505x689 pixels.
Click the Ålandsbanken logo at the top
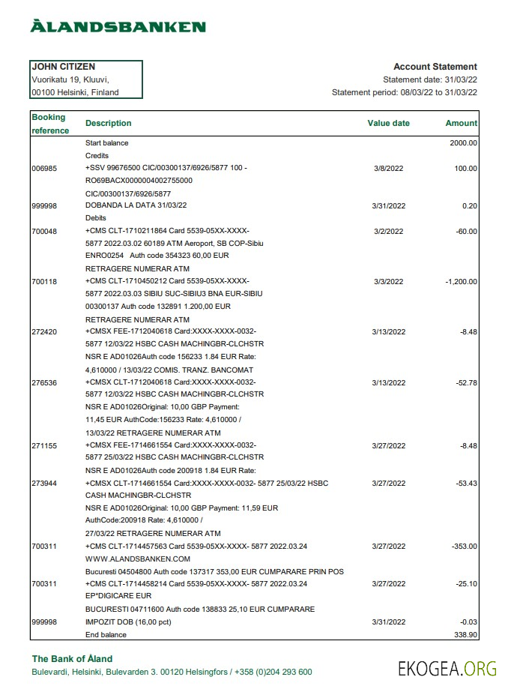click(x=118, y=27)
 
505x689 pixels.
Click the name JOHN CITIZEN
click(x=63, y=67)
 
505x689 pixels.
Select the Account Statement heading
click(x=435, y=67)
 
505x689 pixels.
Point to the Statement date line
click(x=429, y=79)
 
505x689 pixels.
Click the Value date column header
click(x=388, y=123)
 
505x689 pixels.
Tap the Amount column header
click(x=461, y=123)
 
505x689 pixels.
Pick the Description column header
click(x=108, y=123)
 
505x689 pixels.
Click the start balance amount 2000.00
click(x=463, y=142)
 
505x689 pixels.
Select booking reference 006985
click(x=43, y=169)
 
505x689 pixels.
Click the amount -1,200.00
click(x=457, y=282)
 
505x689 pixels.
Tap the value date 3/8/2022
click(x=388, y=169)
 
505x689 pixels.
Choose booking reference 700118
click(x=43, y=282)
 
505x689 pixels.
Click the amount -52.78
click(x=466, y=382)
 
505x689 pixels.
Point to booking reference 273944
click(x=43, y=484)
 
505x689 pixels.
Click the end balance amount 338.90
click(x=465, y=634)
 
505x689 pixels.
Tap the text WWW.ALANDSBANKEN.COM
click(x=138, y=559)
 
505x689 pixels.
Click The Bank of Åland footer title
click(x=72, y=659)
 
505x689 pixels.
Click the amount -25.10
click(x=466, y=583)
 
